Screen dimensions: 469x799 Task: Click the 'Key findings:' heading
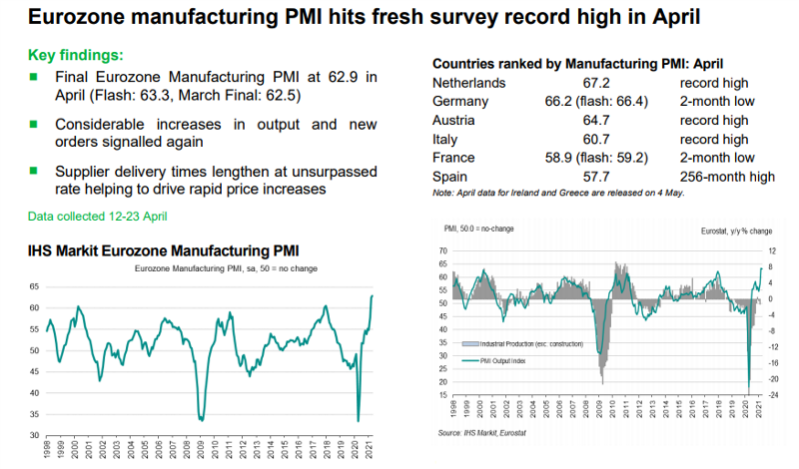[76, 55]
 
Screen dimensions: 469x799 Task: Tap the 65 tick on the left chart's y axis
[33, 285]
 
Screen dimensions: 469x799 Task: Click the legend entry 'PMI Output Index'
[510, 360]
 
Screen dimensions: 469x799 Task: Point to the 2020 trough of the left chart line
[359, 420]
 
